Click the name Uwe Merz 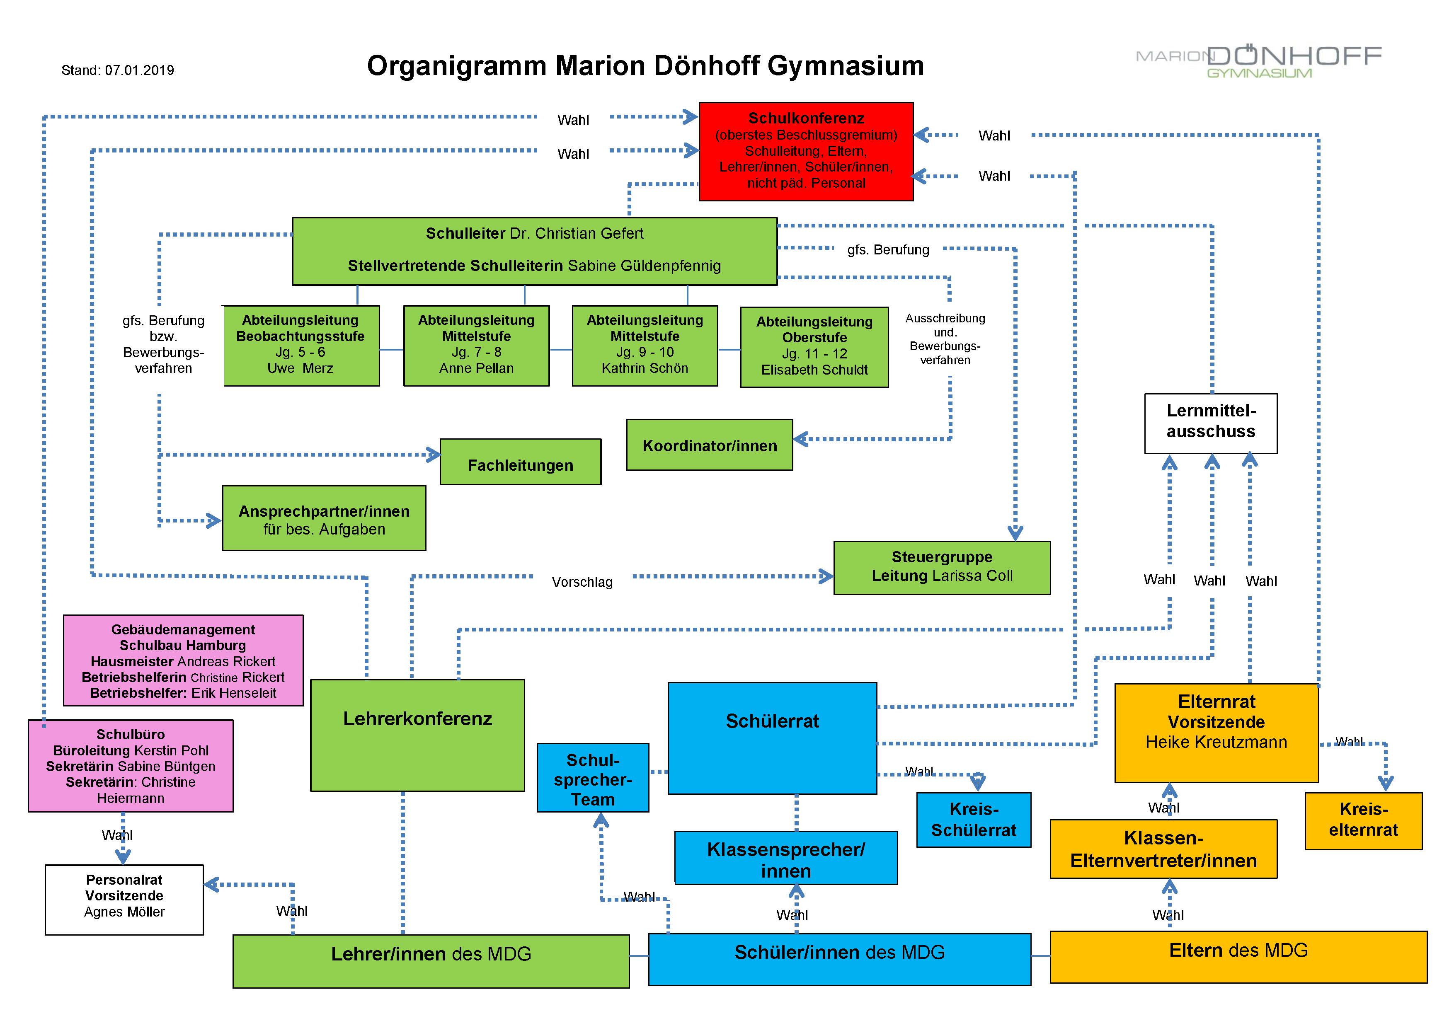[300, 368]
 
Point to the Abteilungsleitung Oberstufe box [814, 346]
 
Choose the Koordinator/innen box [709, 445]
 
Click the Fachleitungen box [521, 462]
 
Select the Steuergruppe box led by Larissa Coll [942, 567]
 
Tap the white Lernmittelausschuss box [1211, 423]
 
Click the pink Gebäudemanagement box [183, 660]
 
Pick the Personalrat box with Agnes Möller [124, 900]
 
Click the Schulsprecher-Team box [593, 777]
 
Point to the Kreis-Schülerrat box [974, 820]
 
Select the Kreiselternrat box [1364, 820]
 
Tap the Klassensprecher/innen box [786, 858]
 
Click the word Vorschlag [582, 582]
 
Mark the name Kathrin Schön [645, 368]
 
